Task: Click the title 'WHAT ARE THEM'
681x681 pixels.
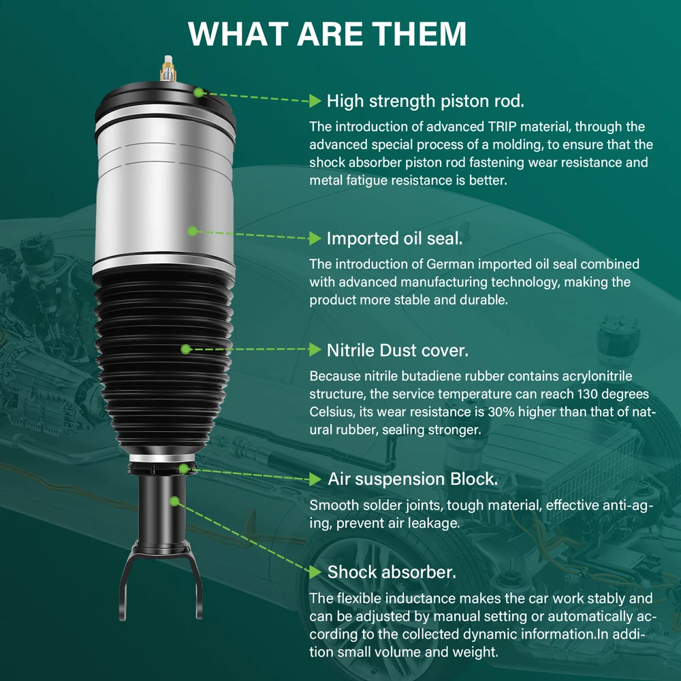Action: (x=327, y=33)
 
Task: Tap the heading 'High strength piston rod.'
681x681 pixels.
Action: (x=425, y=101)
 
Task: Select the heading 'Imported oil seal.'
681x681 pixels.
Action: (x=394, y=238)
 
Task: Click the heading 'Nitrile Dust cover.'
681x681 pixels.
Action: (x=398, y=350)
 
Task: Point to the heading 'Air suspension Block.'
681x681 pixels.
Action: (x=413, y=479)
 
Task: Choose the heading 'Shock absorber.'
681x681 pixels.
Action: (x=392, y=572)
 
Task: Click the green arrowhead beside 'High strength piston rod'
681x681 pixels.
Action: (x=315, y=101)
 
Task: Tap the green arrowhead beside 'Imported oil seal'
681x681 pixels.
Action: (x=315, y=238)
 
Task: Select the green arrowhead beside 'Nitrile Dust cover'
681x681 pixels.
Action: (x=315, y=349)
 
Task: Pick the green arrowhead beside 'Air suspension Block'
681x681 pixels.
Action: (x=315, y=479)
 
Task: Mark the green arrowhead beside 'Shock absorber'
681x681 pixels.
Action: (x=315, y=571)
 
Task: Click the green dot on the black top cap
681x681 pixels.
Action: (x=198, y=93)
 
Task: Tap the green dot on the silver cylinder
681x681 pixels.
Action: (x=193, y=231)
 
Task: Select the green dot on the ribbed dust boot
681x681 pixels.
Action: (x=186, y=349)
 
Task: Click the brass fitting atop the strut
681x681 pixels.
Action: (x=168, y=69)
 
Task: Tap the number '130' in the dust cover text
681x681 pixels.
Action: (x=587, y=394)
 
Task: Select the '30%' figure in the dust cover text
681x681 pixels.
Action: (x=501, y=412)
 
